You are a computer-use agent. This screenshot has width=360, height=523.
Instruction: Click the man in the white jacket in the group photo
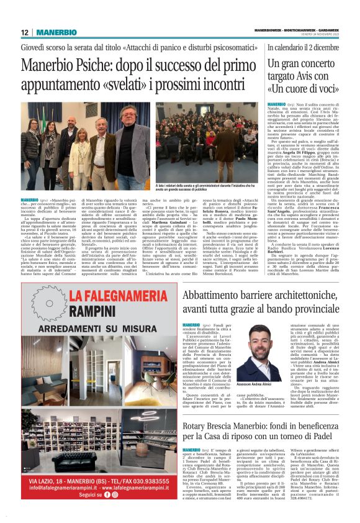[97, 154]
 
